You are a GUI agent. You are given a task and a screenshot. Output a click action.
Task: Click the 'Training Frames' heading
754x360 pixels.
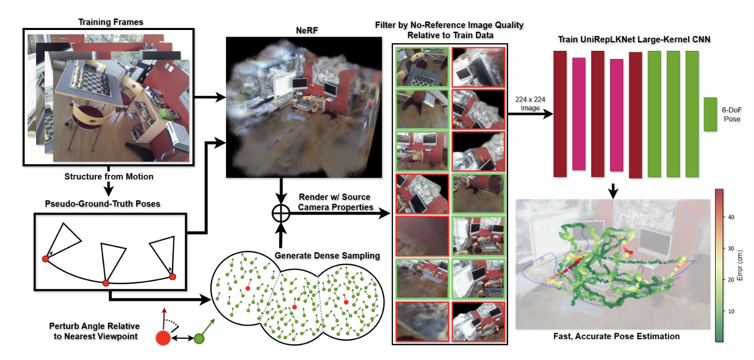110,22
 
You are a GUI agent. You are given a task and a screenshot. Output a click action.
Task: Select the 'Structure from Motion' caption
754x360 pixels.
108,176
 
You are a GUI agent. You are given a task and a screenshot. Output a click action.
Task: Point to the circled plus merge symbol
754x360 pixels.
280,214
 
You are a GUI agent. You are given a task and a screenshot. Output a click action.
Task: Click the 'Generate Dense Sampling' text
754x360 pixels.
327,255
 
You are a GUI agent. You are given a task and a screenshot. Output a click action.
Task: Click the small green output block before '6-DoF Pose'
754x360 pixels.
710,114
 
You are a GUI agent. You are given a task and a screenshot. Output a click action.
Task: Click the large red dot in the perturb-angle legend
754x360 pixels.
163,338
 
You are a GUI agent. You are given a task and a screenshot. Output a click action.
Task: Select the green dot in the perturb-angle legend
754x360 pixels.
199,338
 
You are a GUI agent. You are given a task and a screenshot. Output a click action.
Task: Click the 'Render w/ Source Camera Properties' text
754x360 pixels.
334,201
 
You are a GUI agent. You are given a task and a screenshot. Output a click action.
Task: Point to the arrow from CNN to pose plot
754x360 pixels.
614,190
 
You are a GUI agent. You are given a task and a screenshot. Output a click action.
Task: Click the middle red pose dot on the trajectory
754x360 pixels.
106,283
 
